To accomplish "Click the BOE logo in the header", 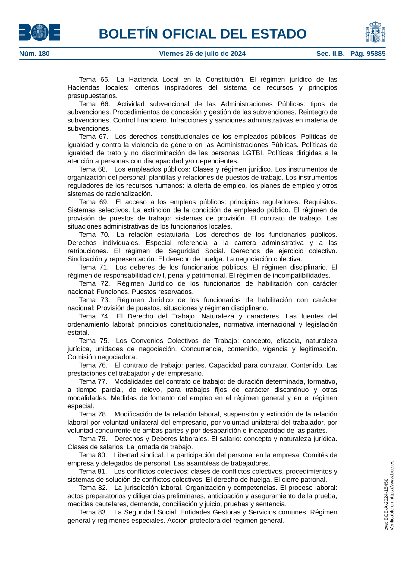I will click(39, 32).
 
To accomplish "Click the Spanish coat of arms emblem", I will click(375, 32).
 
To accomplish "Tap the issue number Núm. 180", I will click(34, 54).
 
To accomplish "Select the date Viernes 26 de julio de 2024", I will click(202, 54).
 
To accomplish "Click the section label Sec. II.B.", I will click(330, 54).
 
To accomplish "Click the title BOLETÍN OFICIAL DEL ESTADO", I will click(202, 34).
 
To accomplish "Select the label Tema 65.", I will click(94, 80).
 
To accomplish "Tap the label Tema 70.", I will click(94, 235).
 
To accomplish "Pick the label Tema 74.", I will click(94, 316).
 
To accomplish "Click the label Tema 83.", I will click(93, 512).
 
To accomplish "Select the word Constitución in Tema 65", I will click(225, 80).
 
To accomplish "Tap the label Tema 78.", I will click(93, 414).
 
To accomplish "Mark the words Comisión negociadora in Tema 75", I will click(102, 357).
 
